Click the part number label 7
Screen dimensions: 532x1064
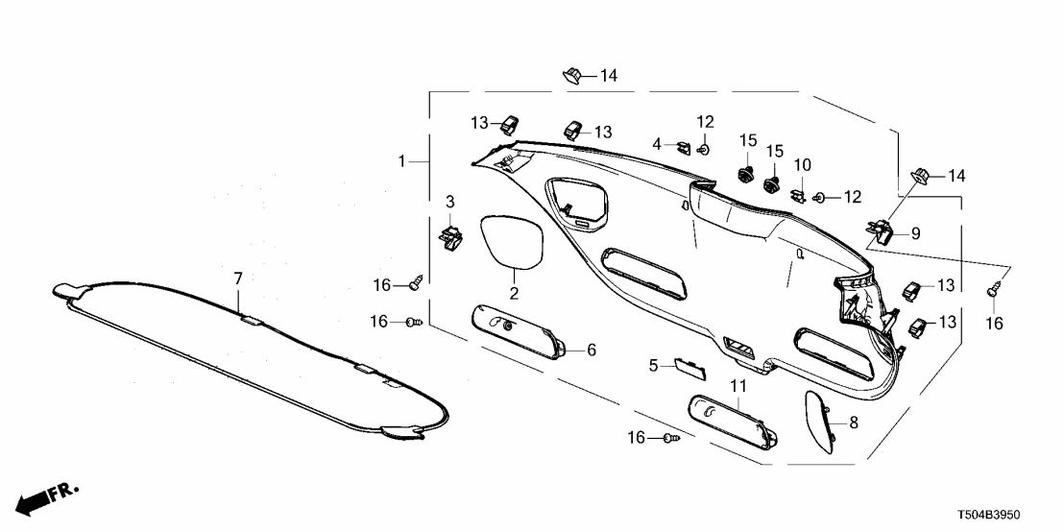239,278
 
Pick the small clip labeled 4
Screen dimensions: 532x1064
682,147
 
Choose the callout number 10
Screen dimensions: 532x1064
802,164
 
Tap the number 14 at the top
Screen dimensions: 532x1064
609,76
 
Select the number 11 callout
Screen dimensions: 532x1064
738,386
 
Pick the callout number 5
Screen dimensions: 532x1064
653,365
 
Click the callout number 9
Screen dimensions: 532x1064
915,232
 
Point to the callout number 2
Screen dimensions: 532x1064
514,292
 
